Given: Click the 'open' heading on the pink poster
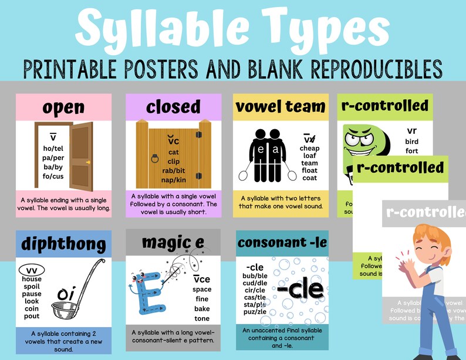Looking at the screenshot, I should (x=63, y=108).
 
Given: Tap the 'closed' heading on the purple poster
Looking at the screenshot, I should (x=173, y=107).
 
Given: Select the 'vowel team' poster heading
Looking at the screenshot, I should (x=280, y=107).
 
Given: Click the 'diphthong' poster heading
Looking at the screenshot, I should (x=63, y=244).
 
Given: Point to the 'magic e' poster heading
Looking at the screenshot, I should (x=173, y=242).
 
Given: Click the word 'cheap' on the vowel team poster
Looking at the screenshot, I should (x=309, y=149).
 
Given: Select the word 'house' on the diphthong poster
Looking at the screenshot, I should (x=32, y=278).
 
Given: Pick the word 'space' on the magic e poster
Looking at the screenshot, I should (x=202, y=290).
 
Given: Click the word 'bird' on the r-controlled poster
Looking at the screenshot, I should (x=411, y=142).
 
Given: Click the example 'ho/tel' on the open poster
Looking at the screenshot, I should (x=53, y=147).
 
